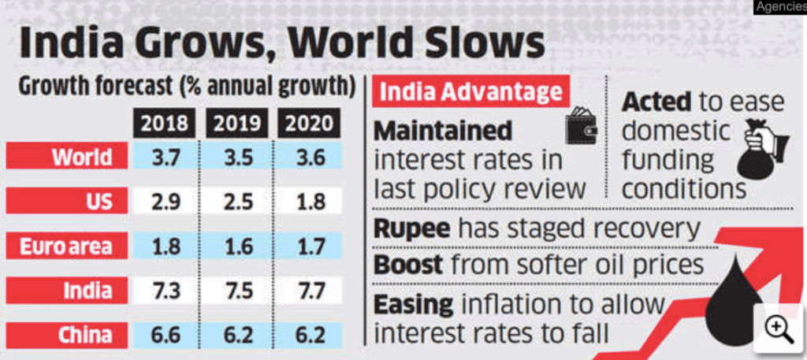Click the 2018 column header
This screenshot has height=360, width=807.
165,124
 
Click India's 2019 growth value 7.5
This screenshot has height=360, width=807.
237,290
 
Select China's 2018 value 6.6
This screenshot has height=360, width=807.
165,336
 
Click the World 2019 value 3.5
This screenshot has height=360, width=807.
237,157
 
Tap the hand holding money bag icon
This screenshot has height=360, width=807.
764,150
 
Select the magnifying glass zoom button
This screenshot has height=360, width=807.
779,328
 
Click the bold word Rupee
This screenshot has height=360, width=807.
412,229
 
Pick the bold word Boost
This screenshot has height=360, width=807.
408,264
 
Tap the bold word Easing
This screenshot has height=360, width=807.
414,303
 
